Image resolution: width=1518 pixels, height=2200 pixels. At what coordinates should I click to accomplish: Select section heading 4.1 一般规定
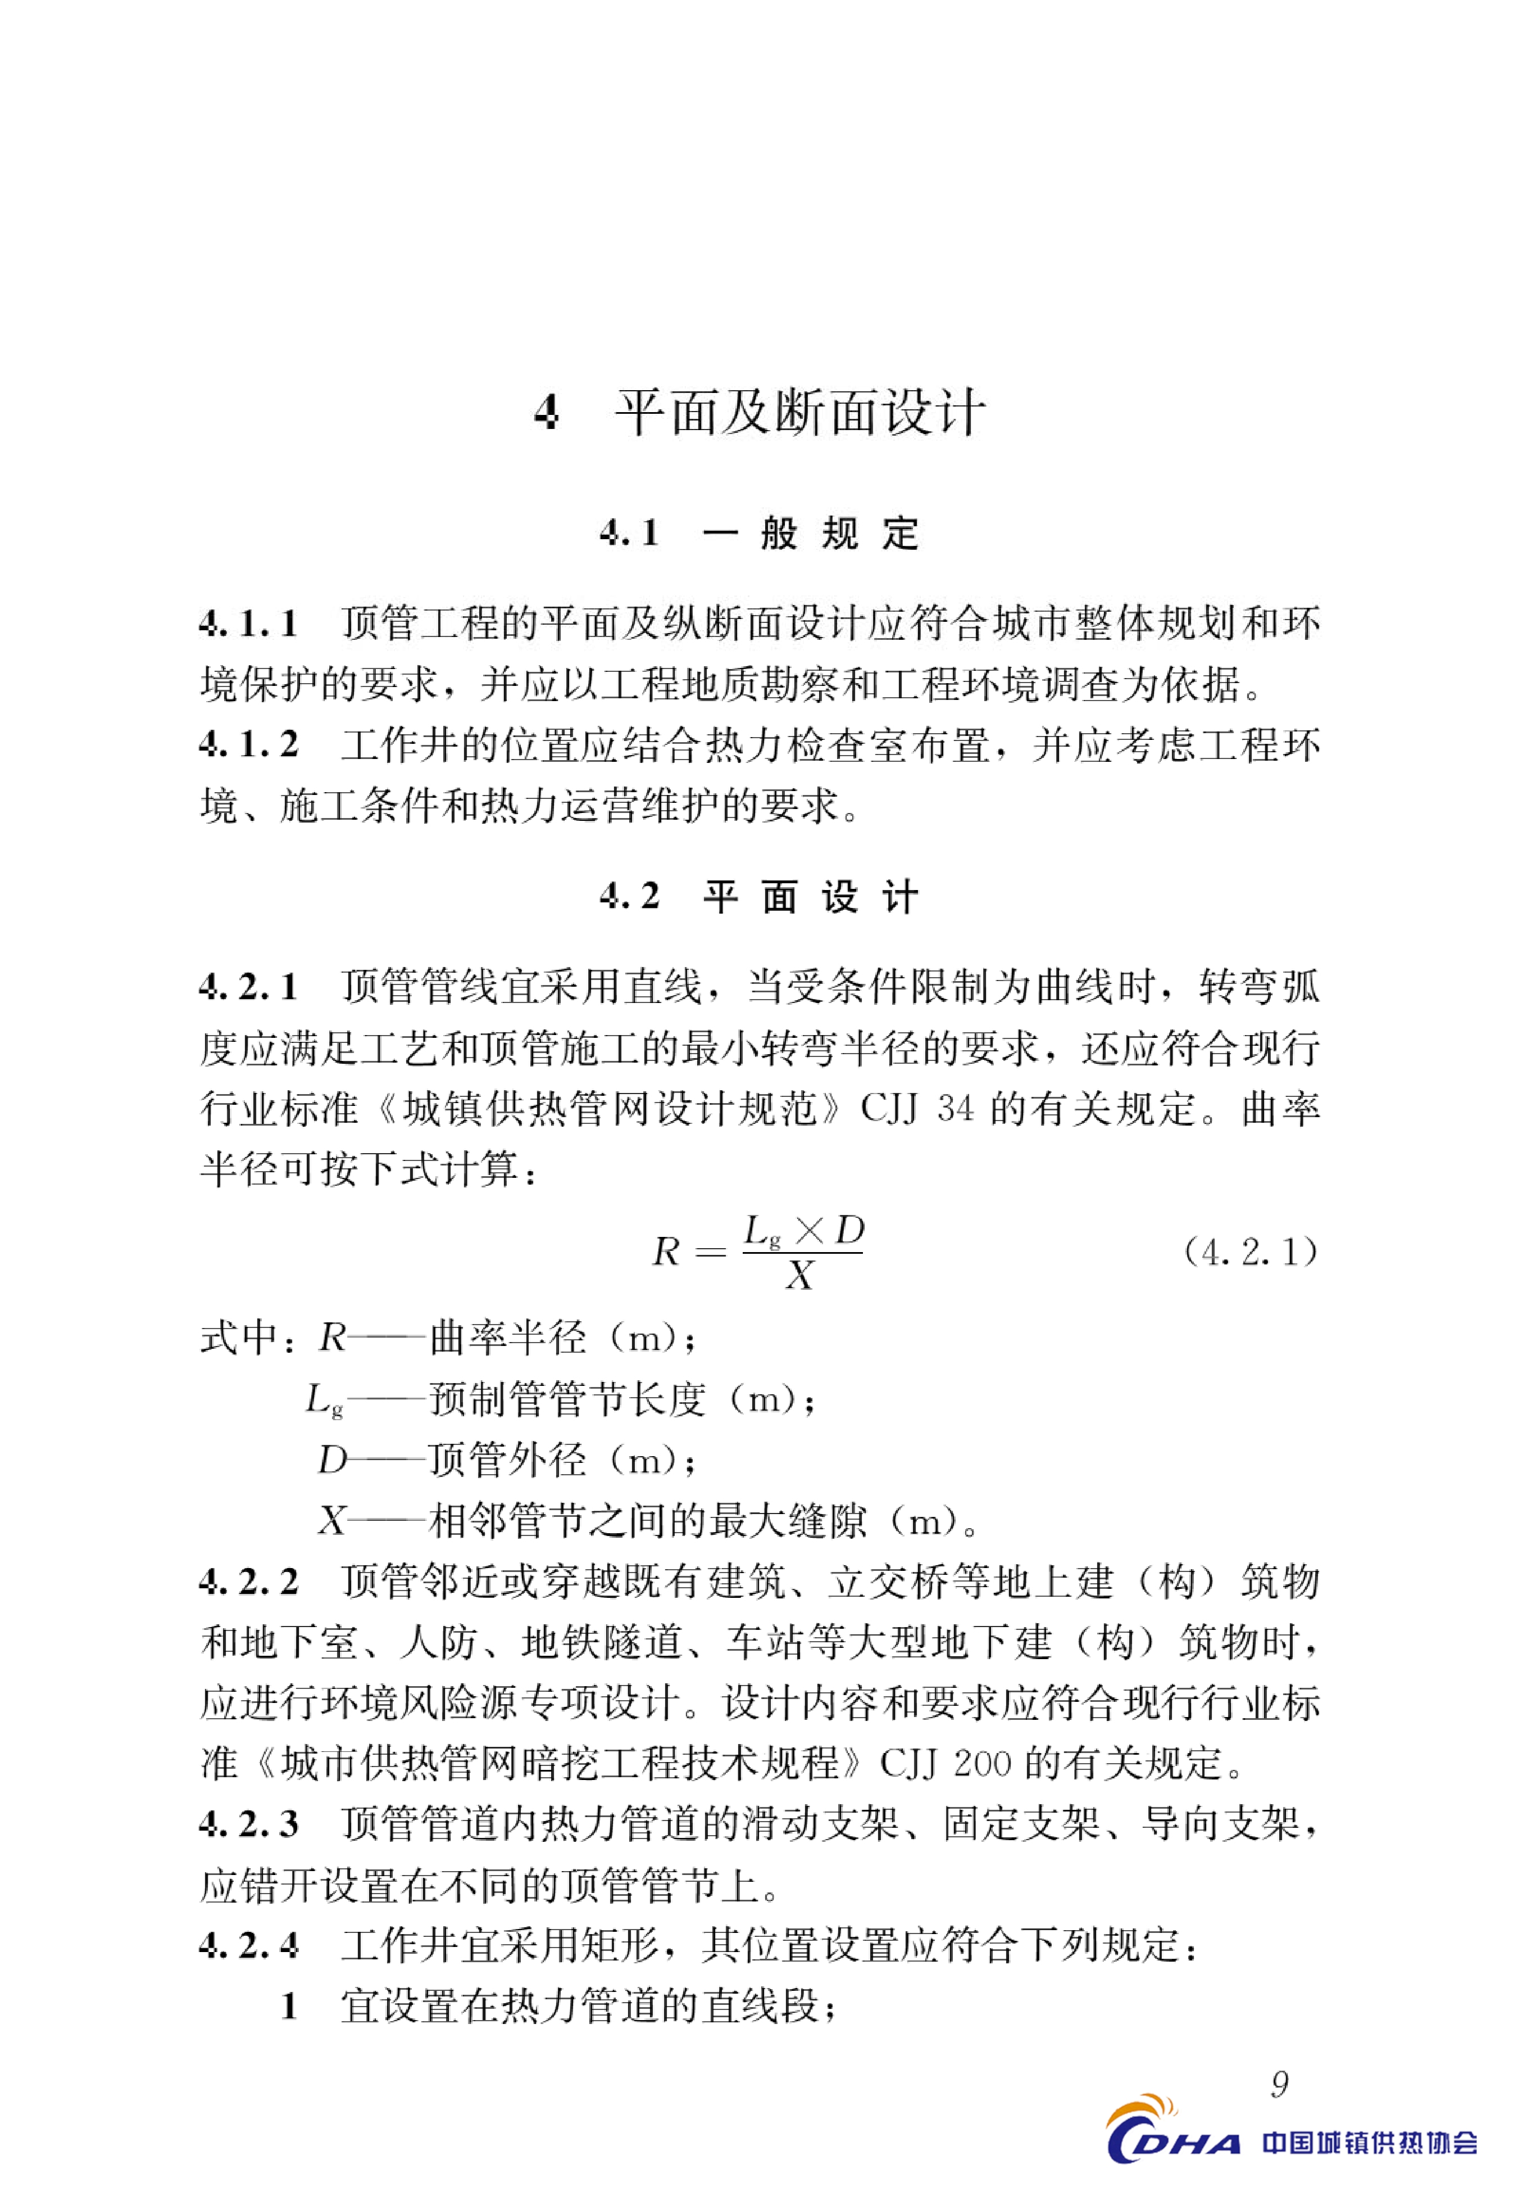point(759,534)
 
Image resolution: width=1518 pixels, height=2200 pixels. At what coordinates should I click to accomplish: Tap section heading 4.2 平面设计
point(759,896)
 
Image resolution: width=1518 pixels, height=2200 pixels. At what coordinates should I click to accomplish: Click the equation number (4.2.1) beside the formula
point(1250,1252)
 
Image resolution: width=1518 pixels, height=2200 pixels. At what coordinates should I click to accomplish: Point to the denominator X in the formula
point(800,1277)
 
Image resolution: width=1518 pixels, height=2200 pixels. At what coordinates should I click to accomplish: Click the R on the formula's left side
point(666,1252)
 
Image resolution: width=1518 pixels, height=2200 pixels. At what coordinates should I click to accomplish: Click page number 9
point(1279,2085)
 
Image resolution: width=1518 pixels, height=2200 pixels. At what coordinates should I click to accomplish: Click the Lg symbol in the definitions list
point(324,1401)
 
